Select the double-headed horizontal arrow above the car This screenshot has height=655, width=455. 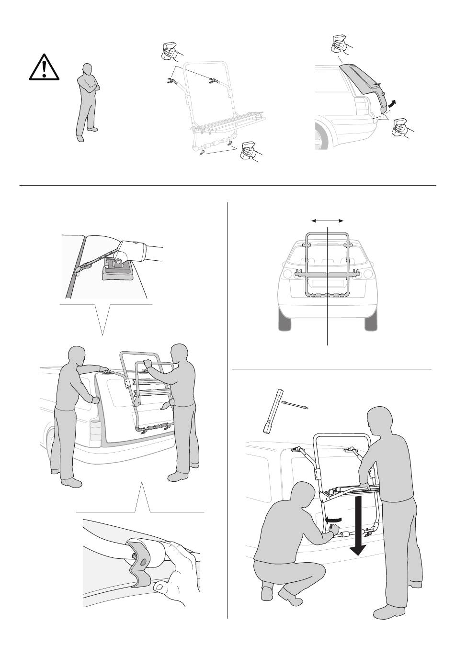tap(328, 221)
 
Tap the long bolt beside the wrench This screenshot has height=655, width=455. tap(296, 405)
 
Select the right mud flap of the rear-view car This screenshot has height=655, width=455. tap(371, 323)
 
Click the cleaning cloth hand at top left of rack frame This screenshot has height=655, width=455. tap(169, 51)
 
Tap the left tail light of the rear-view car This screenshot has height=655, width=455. tap(287, 274)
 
